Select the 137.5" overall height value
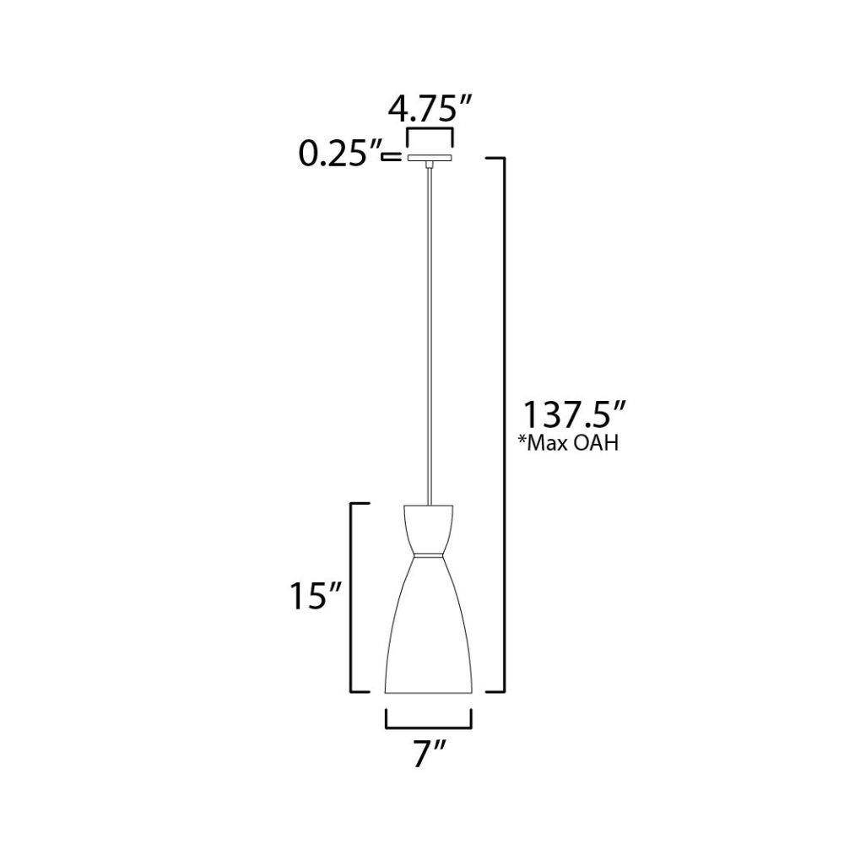tap(574, 414)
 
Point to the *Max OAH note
tap(568, 442)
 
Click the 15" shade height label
tap(316, 597)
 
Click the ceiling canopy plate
tap(429, 158)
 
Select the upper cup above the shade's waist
tap(429, 528)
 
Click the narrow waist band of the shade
tap(429, 555)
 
